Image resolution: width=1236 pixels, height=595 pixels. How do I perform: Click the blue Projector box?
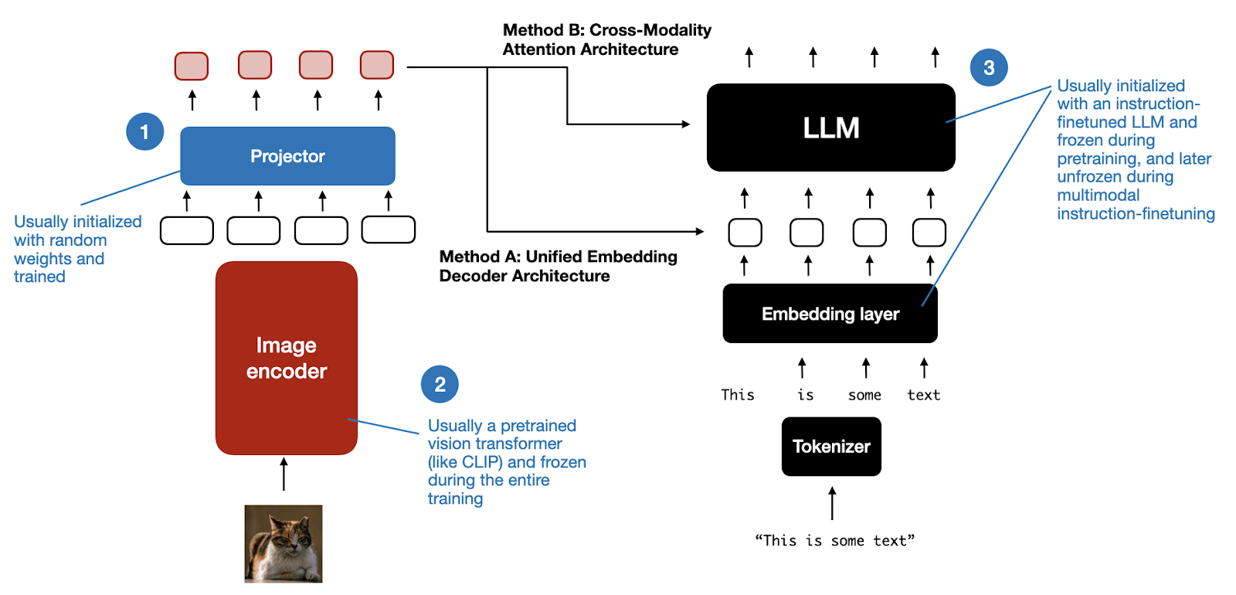click(287, 156)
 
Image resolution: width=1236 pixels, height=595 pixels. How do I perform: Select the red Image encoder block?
click(286, 358)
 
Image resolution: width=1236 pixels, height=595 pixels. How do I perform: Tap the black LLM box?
click(830, 127)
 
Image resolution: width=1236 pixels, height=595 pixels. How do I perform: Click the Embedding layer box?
click(830, 314)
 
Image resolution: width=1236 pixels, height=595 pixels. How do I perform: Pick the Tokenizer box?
click(831, 447)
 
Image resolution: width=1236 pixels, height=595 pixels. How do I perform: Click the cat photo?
click(284, 543)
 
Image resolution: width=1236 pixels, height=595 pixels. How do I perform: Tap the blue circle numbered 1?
click(144, 131)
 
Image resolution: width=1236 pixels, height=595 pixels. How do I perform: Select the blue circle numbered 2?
click(440, 384)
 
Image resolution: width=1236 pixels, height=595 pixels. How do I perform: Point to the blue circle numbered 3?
click(989, 68)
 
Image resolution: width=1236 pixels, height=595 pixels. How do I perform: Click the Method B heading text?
click(606, 39)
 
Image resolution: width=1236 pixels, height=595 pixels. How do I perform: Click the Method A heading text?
click(558, 266)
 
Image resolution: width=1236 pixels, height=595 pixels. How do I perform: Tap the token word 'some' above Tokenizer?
click(864, 396)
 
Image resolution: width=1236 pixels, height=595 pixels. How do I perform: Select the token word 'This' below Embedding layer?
click(737, 395)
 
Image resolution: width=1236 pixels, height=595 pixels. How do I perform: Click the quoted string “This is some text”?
click(834, 541)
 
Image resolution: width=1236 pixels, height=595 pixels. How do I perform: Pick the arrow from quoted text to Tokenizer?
click(832, 503)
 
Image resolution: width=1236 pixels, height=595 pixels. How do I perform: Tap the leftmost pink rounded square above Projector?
click(192, 66)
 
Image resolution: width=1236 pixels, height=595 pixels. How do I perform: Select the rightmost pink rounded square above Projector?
click(377, 66)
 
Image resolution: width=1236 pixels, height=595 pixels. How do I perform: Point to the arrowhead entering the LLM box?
click(685, 124)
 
